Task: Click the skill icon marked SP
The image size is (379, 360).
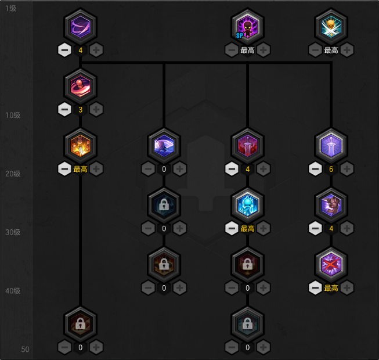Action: coord(247,27)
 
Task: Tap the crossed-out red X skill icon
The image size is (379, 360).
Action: coord(331,265)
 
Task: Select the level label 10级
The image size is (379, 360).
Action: coord(13,115)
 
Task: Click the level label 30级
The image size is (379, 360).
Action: coord(13,232)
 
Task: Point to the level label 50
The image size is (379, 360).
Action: coord(25,350)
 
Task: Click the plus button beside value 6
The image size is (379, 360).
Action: coord(347,169)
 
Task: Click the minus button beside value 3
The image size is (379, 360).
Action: coord(64,109)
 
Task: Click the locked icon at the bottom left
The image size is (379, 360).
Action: coord(80,324)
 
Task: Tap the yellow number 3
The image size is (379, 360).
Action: coord(80,109)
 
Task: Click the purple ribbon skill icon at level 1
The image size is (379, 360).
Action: coord(80,27)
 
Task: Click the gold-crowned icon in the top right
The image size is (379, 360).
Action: coord(331,27)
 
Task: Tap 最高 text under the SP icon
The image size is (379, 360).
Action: coord(247,51)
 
